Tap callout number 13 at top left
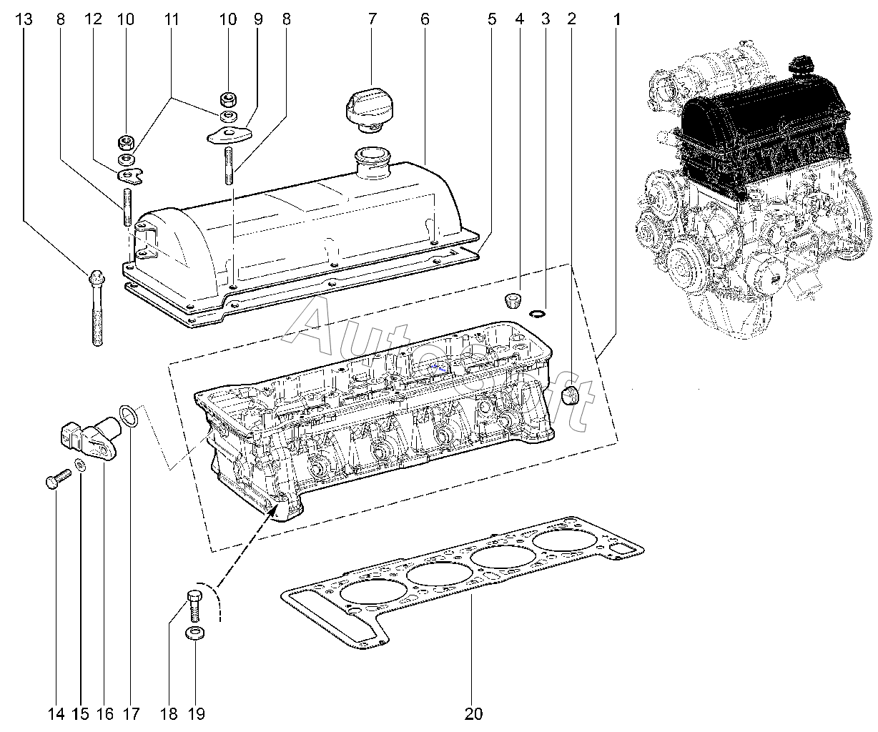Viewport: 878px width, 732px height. (24, 19)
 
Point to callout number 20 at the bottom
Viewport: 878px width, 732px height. (473, 713)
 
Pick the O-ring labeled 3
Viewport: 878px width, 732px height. (538, 312)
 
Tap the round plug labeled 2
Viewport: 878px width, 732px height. (571, 395)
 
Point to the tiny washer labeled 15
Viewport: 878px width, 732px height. (82, 467)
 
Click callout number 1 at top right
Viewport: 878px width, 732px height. (616, 19)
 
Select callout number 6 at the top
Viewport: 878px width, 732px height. (425, 19)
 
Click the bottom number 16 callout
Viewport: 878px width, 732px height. (104, 713)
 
